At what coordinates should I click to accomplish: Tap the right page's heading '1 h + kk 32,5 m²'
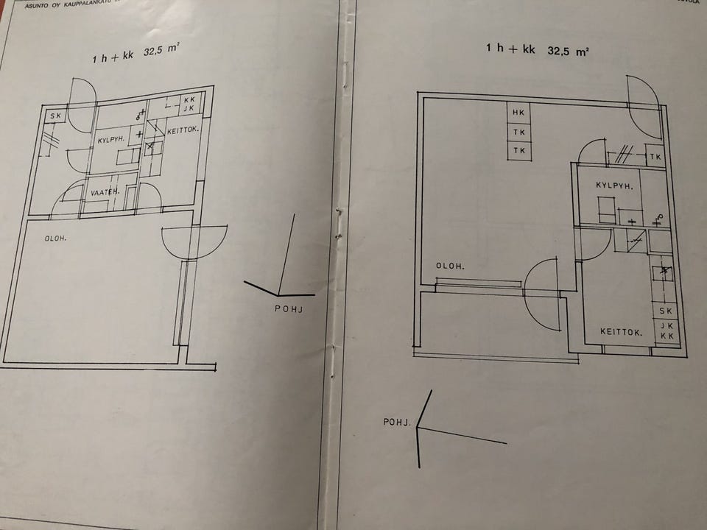coord(537,50)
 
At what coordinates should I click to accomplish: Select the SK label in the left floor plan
coord(55,116)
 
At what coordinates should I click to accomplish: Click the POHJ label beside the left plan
coord(289,309)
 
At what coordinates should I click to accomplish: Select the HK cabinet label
coord(520,113)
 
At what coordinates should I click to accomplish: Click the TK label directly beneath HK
coord(520,132)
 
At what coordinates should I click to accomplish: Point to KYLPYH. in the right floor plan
coord(614,186)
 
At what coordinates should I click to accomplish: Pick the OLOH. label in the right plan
coord(449,266)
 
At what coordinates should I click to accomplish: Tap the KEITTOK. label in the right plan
coord(621,333)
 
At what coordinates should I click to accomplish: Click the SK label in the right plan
coord(666,311)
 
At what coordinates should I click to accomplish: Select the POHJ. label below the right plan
coord(395,422)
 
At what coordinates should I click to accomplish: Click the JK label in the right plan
coord(666,325)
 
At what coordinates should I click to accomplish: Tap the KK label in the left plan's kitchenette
coord(190,99)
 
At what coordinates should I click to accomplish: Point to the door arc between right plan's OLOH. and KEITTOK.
coord(541,293)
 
